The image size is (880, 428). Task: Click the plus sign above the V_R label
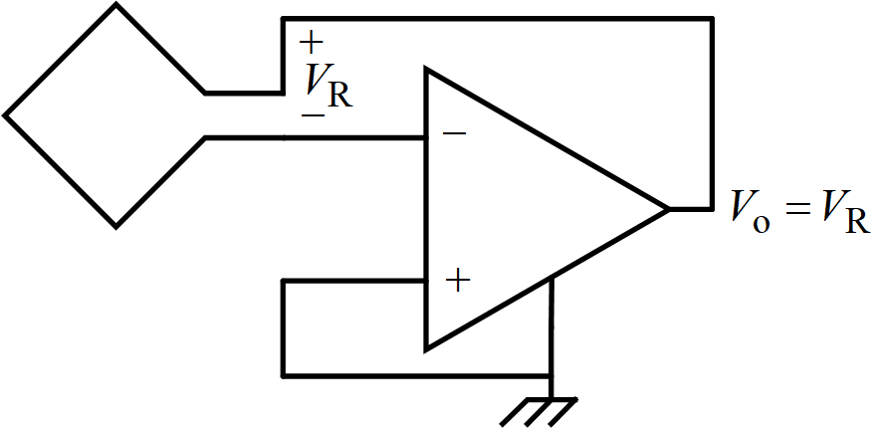312,42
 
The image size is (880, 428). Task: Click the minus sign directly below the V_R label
312,114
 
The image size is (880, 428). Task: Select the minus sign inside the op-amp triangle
453,133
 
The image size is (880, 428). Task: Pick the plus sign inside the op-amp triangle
457,281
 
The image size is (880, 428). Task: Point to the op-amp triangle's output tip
668,209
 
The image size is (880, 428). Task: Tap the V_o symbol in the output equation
750,211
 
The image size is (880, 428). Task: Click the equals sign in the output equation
797,212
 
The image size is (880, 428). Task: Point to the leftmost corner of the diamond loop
6,115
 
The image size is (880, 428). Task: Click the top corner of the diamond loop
116,5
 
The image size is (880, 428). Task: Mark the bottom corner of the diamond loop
116,226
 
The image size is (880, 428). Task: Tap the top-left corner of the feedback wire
284,18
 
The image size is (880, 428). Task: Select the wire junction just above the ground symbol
550,375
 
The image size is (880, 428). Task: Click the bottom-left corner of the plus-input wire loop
284,375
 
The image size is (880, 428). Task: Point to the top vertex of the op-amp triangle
427,70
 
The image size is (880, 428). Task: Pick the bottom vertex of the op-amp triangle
427,349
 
